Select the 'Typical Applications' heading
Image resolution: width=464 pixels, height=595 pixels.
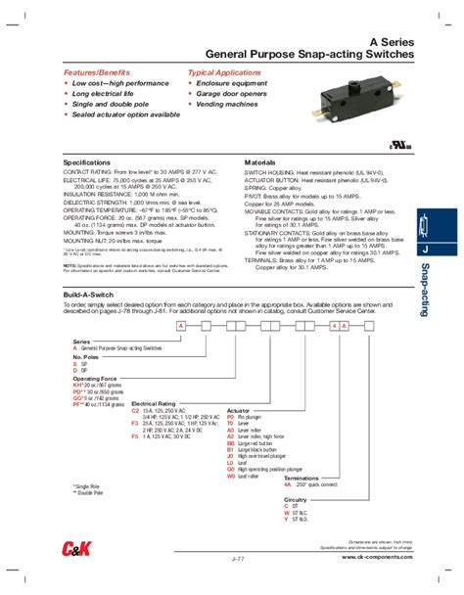pyautogui.click(x=222, y=73)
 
